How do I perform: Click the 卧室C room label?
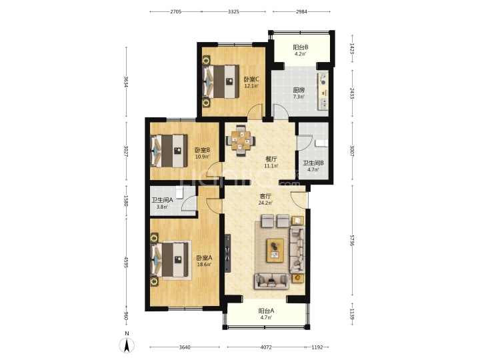click(251, 79)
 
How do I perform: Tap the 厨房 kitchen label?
click(299, 90)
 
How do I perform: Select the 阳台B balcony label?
click(300, 47)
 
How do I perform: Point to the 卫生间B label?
click(313, 163)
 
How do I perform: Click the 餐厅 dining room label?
click(271, 159)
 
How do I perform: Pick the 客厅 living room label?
click(265, 196)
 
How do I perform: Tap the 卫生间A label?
click(162, 200)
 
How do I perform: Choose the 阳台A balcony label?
click(266, 311)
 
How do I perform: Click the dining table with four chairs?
click(241, 141)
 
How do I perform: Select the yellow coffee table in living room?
click(275, 251)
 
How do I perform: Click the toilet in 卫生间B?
click(321, 143)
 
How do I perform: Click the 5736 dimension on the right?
click(353, 240)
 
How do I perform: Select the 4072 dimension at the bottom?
click(266, 347)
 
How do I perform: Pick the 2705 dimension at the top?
click(176, 11)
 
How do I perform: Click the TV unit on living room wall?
click(227, 253)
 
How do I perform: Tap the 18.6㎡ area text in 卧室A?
click(204, 265)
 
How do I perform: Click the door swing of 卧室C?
click(255, 111)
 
